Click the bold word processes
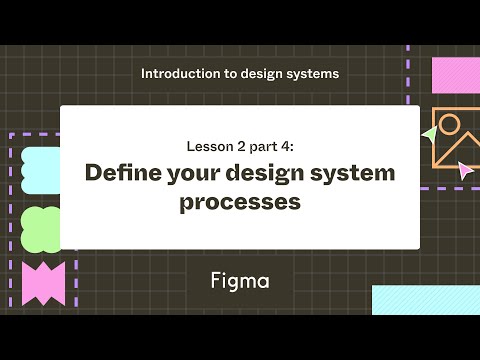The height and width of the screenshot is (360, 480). coord(240,201)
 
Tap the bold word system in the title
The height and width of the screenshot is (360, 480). coord(351,172)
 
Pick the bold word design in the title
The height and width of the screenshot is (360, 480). coord(265,172)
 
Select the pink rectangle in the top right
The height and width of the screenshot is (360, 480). coord(455,74)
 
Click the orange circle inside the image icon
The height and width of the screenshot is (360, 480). coord(449,126)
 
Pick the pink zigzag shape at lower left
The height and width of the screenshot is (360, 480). coord(42,283)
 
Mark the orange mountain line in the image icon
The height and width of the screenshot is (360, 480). coord(452,155)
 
